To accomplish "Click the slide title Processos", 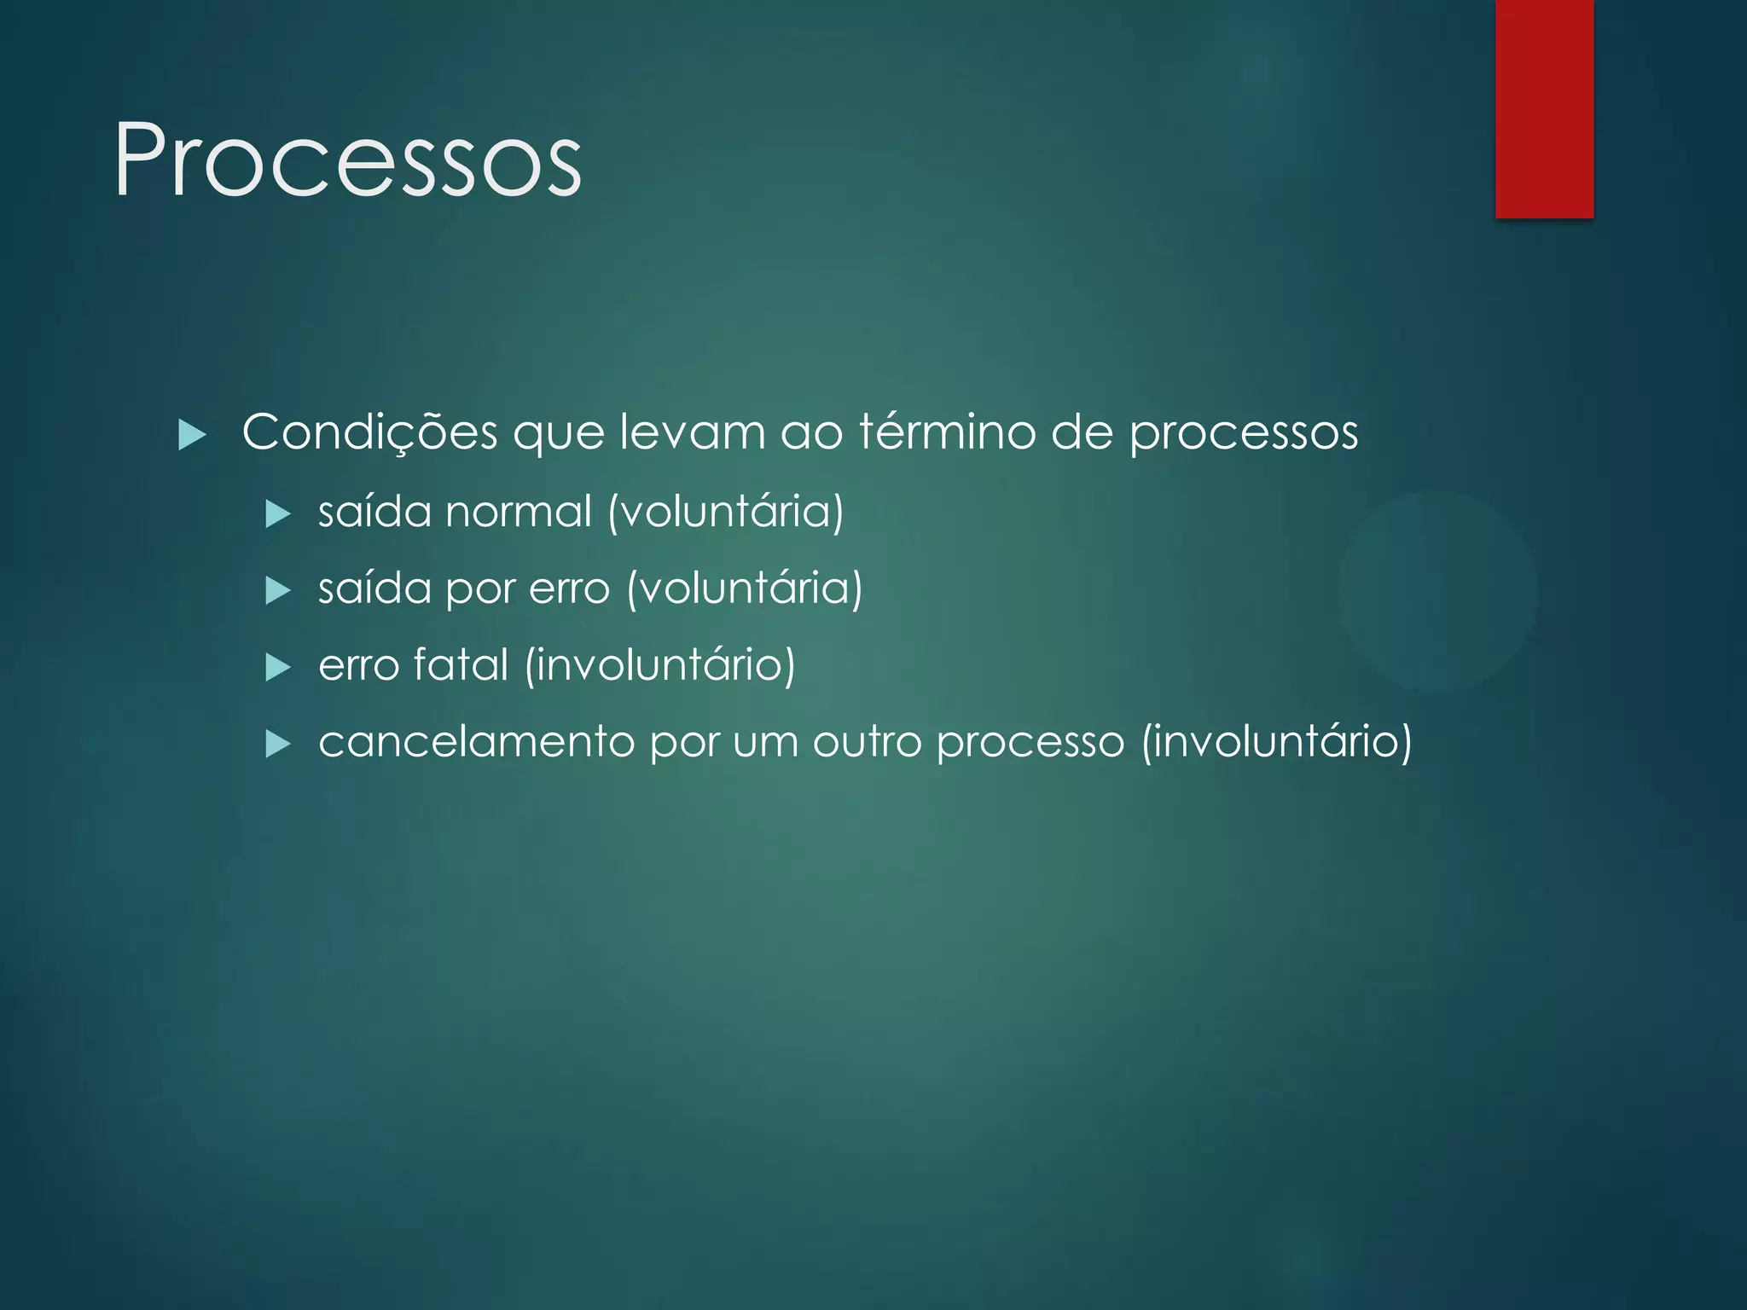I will coord(347,160).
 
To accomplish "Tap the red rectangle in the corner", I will coord(1544,108).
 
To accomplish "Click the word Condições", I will coord(369,433).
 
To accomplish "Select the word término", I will coord(946,432).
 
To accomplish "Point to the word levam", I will coord(692,432).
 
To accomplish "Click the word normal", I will coord(518,512).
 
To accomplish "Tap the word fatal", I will coord(461,664).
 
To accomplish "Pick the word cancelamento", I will coord(476,741).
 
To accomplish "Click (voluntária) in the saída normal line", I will coord(726,512).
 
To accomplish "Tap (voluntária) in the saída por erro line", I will coord(745,589).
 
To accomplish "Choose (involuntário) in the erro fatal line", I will coord(660,665).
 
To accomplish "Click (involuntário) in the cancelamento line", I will coord(1277,741).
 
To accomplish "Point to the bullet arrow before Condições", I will coord(193,436).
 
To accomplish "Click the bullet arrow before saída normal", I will coord(278,514).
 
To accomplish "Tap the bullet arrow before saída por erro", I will coord(278,590).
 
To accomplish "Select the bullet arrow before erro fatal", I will coord(278,667).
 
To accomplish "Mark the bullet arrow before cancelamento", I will coord(278,744).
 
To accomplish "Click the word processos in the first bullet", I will coord(1244,433).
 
